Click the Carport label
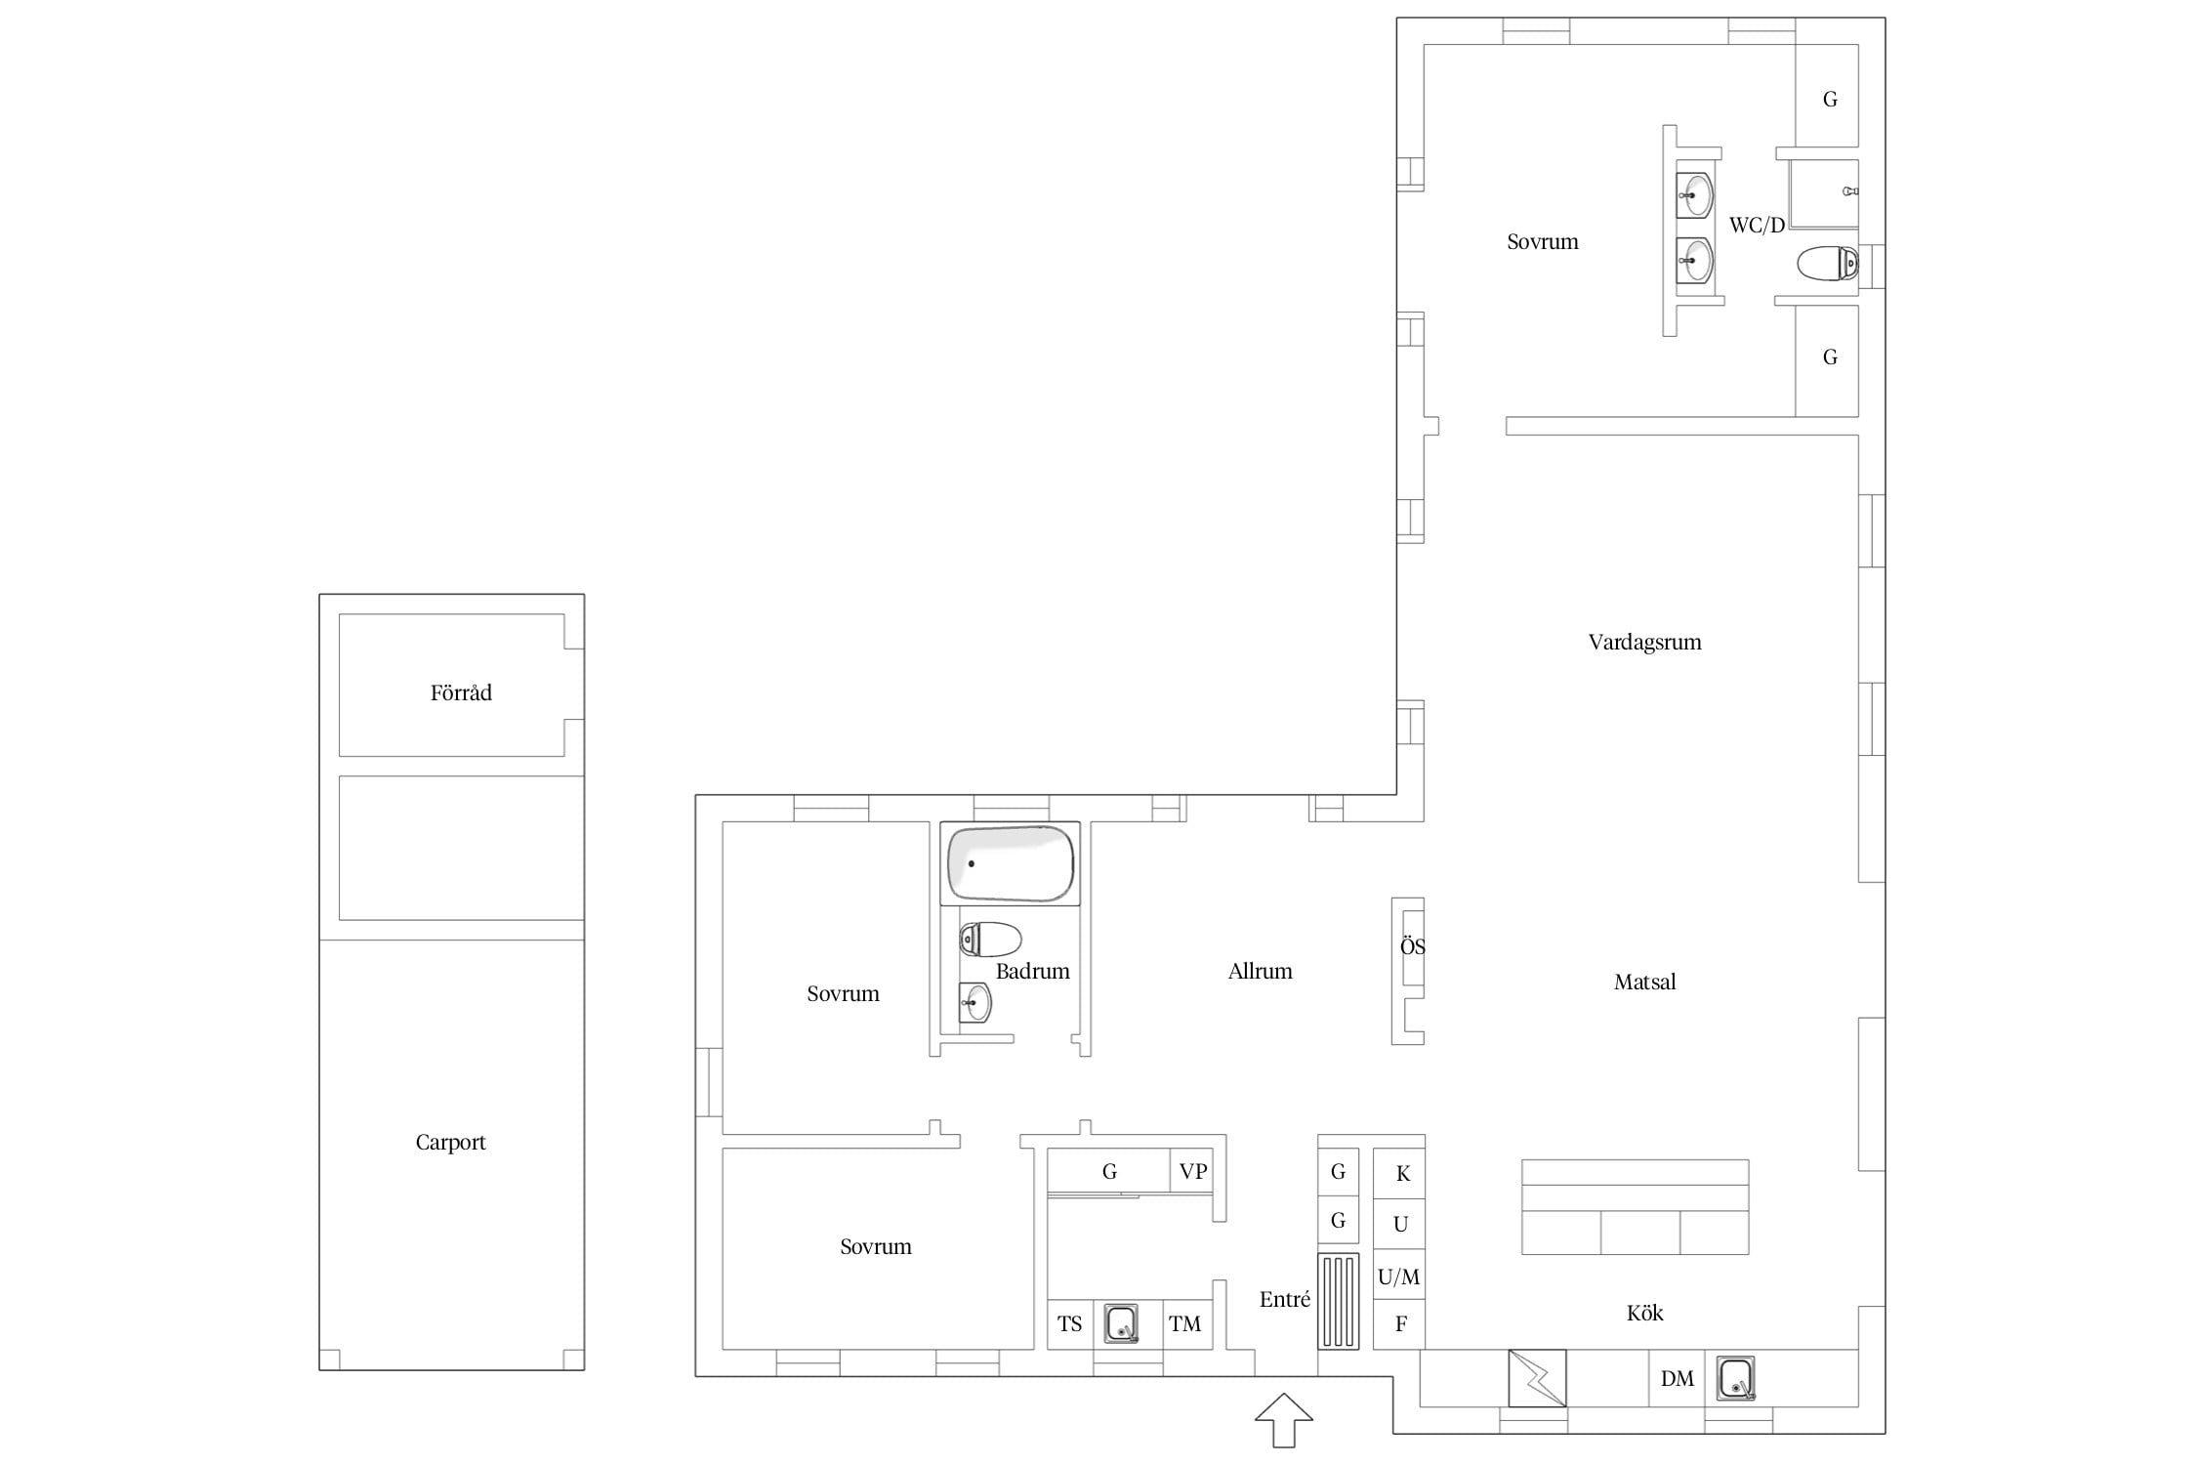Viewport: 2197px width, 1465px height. click(450, 1142)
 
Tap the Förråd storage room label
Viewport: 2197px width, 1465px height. click(461, 692)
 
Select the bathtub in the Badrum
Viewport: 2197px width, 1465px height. click(1011, 863)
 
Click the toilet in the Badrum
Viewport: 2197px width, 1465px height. click(990, 940)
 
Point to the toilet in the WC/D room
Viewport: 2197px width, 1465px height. click(1827, 264)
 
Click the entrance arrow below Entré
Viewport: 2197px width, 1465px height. click(1284, 1419)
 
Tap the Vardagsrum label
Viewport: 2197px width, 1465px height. click(1644, 642)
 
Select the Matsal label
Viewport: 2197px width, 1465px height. click(1644, 982)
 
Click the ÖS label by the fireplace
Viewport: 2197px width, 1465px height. click(1412, 945)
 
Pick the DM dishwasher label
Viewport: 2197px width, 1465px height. click(1677, 1378)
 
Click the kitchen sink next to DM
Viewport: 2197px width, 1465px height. click(1735, 1378)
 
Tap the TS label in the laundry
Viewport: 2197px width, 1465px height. click(1069, 1323)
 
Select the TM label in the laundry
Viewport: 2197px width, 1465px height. click(1184, 1323)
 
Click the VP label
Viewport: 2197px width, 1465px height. click(1193, 1171)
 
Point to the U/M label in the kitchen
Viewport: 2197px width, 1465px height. click(1398, 1276)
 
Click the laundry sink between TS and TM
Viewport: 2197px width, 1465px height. click(1121, 1324)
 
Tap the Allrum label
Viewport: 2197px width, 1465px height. click(1260, 971)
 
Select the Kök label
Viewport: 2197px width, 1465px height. click(1644, 1313)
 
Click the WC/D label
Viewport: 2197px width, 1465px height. click(1757, 225)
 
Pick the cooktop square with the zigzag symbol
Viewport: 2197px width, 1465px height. click(1537, 1378)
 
